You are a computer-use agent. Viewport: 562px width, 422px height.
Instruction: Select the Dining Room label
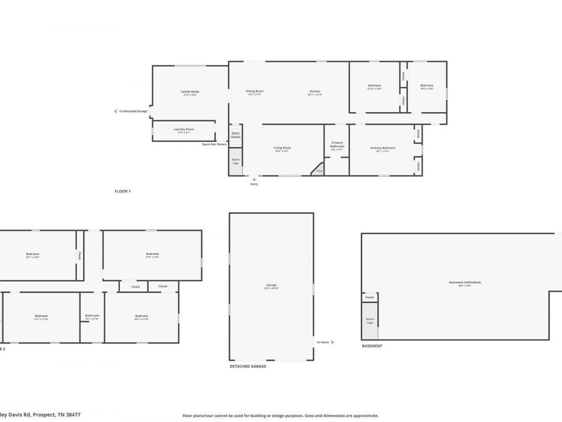(255, 92)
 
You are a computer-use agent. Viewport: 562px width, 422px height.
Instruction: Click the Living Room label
(282, 149)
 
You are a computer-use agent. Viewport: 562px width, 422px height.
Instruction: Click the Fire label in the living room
(318, 170)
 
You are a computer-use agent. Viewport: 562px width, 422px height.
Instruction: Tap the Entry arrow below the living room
(254, 178)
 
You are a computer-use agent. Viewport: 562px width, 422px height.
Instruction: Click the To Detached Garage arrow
(115, 111)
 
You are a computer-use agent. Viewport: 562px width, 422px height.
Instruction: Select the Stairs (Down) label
(236, 134)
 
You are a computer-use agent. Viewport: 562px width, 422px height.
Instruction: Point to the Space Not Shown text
(214, 144)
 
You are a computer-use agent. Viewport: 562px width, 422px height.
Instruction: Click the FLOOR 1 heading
(122, 190)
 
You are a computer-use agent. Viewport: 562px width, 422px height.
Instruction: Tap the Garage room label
(271, 286)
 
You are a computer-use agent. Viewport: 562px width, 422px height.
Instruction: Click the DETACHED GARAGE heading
(248, 366)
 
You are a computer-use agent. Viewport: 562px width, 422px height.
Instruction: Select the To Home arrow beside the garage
(332, 342)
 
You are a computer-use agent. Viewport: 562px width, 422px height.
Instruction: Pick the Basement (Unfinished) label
(465, 283)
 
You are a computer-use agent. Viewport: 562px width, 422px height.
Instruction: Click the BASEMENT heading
(372, 346)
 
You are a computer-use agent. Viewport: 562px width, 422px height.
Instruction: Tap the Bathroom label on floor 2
(92, 316)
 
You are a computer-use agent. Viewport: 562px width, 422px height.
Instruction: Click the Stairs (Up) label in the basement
(370, 320)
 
